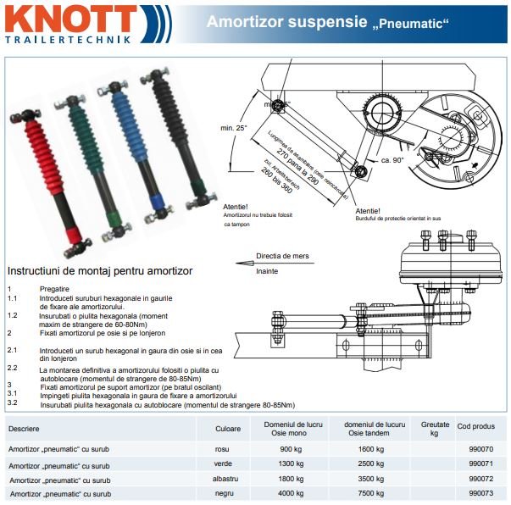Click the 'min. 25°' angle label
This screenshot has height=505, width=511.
[x=234, y=129]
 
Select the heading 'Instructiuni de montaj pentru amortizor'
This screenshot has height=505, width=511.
[x=100, y=271]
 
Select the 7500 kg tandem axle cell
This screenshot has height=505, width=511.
[x=369, y=492]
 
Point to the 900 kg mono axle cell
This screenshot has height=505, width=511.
[x=291, y=448]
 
